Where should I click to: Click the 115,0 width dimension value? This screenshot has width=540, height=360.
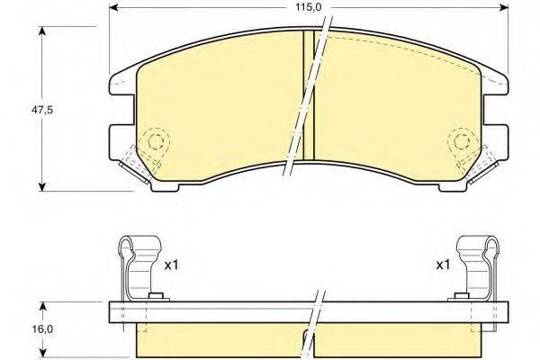(x=308, y=7)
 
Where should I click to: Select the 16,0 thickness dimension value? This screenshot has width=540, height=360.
(x=42, y=329)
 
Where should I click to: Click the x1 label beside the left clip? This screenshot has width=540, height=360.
(x=172, y=265)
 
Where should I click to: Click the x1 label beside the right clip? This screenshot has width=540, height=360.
(x=443, y=265)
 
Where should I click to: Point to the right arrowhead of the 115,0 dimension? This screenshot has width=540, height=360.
(x=503, y=7)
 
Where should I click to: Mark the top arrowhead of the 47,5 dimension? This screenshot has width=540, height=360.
(x=42, y=31)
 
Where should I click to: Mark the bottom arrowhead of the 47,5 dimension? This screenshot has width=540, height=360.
(x=42, y=186)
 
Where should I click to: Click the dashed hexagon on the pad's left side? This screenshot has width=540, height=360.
(x=156, y=140)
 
